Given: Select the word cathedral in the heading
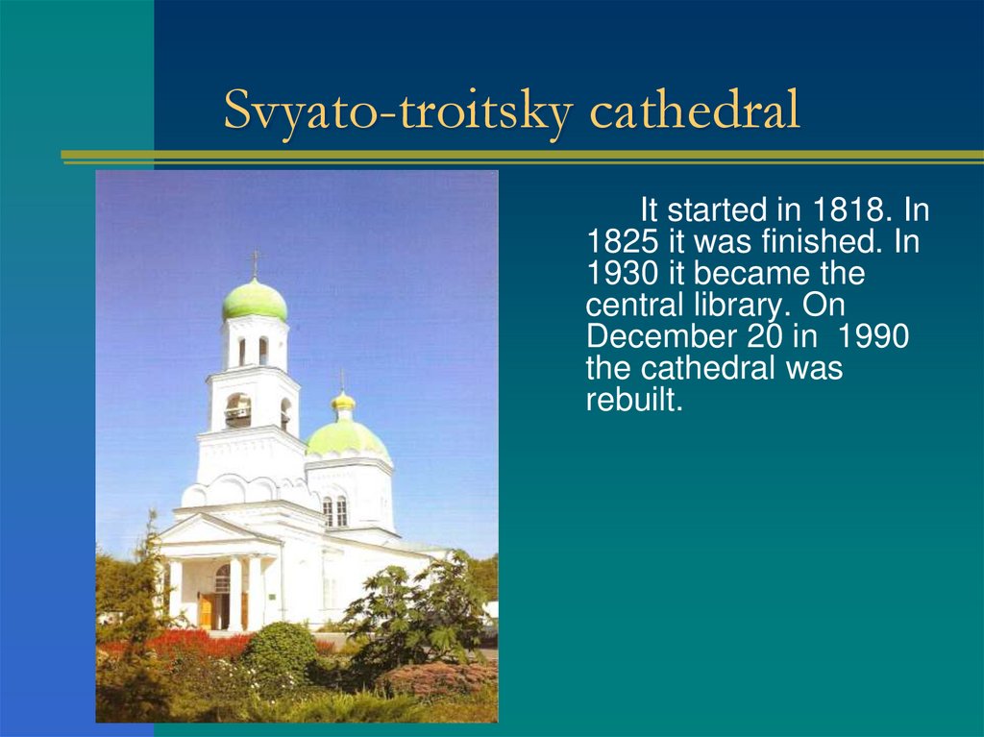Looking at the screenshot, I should click(x=694, y=111).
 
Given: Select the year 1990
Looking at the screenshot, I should click(x=873, y=337).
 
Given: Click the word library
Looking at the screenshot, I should click(x=740, y=306).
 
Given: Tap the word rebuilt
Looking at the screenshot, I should click(x=633, y=400).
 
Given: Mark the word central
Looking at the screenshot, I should click(x=633, y=306).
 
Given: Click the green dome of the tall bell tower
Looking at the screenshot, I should click(x=255, y=300).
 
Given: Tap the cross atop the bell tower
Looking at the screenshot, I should click(x=255, y=261).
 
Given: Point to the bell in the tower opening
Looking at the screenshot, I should click(x=238, y=413).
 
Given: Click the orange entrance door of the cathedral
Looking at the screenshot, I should click(x=206, y=610).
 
